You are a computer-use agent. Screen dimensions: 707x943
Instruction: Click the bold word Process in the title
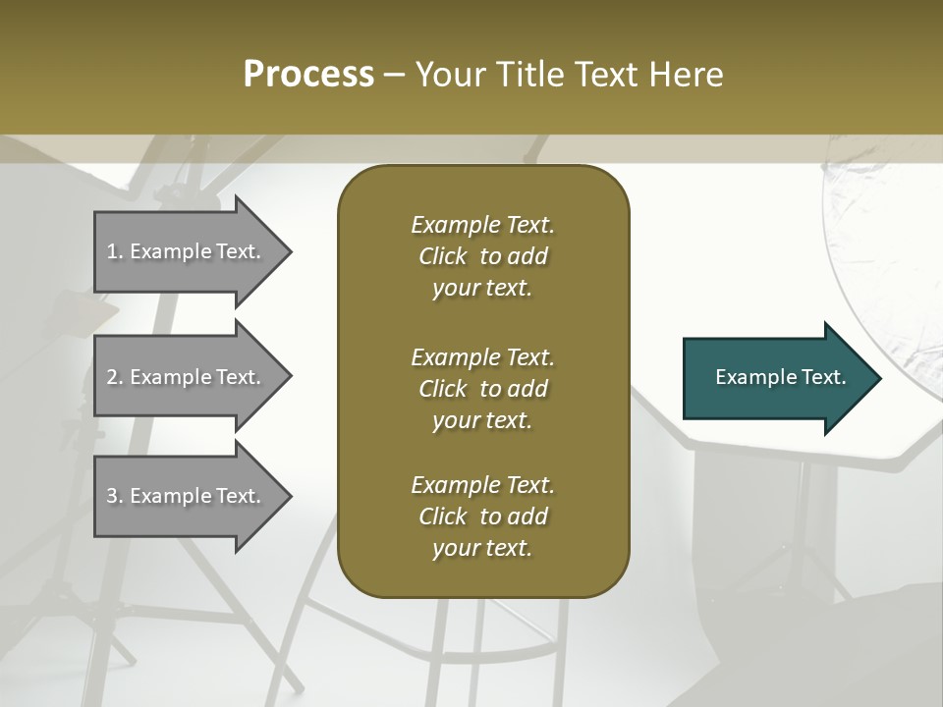(x=308, y=75)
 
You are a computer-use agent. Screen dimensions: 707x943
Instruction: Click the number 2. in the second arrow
(x=115, y=377)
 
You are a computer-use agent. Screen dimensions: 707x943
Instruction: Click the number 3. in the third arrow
(x=115, y=496)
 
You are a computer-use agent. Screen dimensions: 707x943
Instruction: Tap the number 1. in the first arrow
(x=115, y=251)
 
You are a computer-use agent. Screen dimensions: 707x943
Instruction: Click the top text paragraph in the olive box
(x=482, y=256)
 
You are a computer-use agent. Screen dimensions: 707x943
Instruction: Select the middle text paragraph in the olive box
(x=482, y=389)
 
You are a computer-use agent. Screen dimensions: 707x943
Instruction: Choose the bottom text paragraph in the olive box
(x=482, y=517)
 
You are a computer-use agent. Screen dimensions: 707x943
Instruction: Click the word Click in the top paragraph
(x=442, y=256)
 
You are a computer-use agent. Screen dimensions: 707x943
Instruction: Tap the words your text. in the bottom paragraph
(x=482, y=549)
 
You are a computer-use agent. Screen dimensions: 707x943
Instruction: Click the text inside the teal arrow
(x=781, y=377)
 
